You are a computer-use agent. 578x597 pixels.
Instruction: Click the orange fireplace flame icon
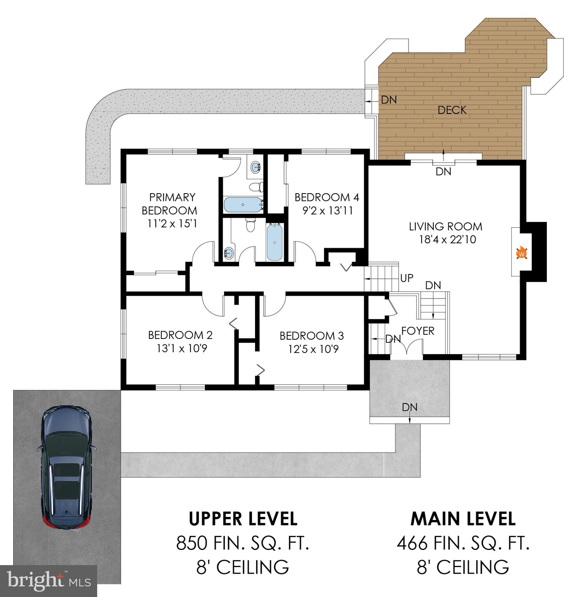click(522, 253)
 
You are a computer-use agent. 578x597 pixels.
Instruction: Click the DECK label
click(452, 110)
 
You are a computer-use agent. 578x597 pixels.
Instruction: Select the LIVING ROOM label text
click(445, 226)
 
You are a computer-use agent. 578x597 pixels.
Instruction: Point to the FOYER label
click(417, 331)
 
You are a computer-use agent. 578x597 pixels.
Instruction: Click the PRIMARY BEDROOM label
click(169, 204)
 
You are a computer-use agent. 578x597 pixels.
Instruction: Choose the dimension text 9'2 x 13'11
click(328, 211)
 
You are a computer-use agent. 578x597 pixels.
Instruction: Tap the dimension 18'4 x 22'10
click(447, 239)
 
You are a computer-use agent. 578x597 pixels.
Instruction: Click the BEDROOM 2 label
click(180, 335)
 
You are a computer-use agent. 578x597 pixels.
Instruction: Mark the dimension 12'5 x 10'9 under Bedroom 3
click(313, 349)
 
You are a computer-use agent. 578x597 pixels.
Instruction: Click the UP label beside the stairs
click(407, 278)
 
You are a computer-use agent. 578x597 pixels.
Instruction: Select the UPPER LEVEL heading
click(243, 518)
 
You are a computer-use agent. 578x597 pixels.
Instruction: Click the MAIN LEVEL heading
click(463, 518)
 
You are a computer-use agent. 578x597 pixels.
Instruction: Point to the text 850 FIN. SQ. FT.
click(243, 543)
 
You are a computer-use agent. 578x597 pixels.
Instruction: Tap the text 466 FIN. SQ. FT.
click(463, 543)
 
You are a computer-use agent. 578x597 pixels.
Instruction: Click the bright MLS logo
click(49, 581)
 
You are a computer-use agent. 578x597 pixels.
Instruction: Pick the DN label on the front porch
click(410, 407)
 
